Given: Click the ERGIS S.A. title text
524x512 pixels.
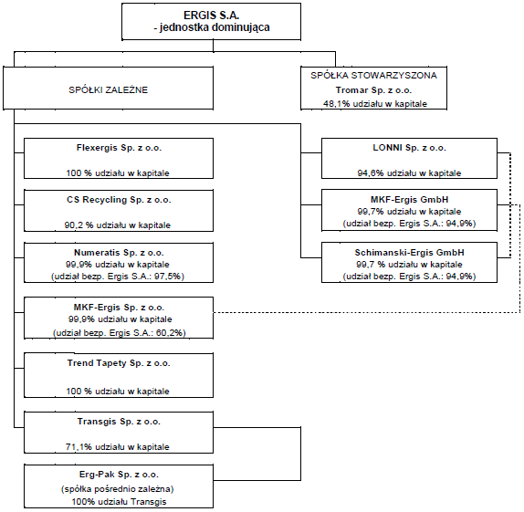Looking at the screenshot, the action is (x=211, y=15).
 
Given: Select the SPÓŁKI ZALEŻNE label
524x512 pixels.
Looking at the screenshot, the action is (x=109, y=90).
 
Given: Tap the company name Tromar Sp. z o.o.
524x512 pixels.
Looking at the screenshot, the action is (x=373, y=90).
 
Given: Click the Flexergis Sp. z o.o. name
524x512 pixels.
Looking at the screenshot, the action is (x=119, y=148).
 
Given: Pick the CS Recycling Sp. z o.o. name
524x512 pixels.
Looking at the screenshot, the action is (x=119, y=200).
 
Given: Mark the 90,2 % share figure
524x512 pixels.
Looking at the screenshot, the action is (x=79, y=225).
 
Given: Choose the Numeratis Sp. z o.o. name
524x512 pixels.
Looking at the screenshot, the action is (x=119, y=253).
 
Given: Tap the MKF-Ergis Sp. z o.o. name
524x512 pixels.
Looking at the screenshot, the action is (x=119, y=308).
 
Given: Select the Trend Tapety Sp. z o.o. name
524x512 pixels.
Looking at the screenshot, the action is (x=119, y=363).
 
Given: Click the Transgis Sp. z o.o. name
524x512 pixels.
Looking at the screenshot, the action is (x=119, y=422).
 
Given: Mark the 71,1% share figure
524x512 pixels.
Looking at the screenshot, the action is (x=79, y=447).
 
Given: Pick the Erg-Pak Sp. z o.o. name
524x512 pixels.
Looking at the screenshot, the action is (x=119, y=475).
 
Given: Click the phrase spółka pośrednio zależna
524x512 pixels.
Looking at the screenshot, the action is (x=117, y=489).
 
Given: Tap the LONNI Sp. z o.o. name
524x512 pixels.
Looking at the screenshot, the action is (x=409, y=148).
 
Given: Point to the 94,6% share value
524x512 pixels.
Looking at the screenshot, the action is (x=371, y=173).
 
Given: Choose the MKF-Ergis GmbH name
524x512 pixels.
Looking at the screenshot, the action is (x=409, y=200).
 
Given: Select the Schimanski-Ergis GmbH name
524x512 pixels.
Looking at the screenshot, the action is (x=409, y=253).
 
